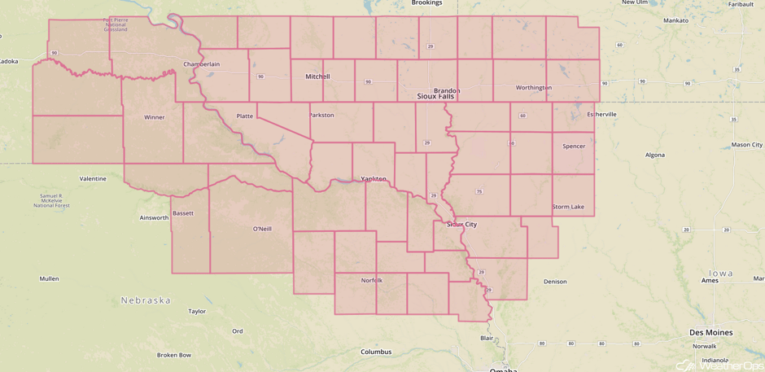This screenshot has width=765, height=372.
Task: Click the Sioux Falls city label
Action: (435, 96)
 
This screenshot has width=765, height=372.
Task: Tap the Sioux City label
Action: (461, 224)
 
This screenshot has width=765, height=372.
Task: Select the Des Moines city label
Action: (710, 333)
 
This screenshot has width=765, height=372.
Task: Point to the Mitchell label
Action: (317, 77)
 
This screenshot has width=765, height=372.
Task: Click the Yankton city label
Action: (374, 179)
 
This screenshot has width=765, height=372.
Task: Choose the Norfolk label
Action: (372, 281)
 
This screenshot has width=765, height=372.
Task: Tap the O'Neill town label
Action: (262, 229)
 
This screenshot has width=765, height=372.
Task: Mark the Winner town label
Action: (155, 117)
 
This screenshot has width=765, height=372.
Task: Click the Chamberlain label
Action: (201, 63)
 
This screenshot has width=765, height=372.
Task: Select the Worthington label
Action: (534, 87)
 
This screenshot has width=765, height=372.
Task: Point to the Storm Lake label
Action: (568, 207)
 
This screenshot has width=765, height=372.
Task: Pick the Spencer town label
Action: (574, 147)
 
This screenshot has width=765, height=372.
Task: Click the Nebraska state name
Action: (146, 300)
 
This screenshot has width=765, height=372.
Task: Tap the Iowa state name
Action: (720, 274)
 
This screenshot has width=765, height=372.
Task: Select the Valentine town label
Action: (93, 178)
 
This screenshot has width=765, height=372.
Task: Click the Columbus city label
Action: (376, 352)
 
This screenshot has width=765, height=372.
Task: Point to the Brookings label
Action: (426, 3)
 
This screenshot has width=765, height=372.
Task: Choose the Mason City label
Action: (746, 145)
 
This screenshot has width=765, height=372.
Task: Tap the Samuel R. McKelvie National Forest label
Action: (51, 200)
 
